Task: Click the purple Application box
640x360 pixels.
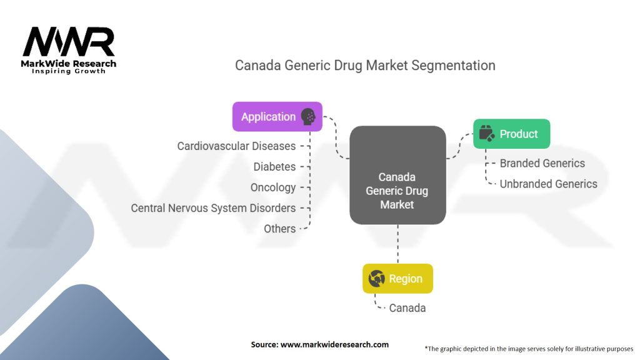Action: tap(277, 117)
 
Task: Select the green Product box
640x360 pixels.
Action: tap(511, 134)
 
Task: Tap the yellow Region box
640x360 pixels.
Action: tap(397, 279)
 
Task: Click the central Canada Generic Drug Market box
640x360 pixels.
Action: tap(397, 176)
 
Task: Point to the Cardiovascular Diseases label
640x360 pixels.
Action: tap(236, 146)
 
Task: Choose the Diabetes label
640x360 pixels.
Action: tap(274, 167)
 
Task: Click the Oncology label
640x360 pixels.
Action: tap(273, 187)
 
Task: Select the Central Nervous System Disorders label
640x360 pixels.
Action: tap(213, 208)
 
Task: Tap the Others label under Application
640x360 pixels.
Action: tap(279, 229)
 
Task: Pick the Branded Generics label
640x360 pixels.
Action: tap(542, 163)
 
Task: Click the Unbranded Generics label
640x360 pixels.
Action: tap(548, 184)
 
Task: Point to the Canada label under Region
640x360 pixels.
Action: tap(407, 308)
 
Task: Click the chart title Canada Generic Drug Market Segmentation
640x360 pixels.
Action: tap(365, 65)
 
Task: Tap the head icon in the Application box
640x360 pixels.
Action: tap(308, 117)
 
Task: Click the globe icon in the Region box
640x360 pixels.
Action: tap(377, 279)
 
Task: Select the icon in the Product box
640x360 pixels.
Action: tap(486, 134)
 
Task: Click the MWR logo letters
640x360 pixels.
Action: tap(69, 43)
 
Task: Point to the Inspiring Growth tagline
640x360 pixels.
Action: tap(69, 71)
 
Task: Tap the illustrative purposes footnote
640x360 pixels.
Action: tap(529, 349)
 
